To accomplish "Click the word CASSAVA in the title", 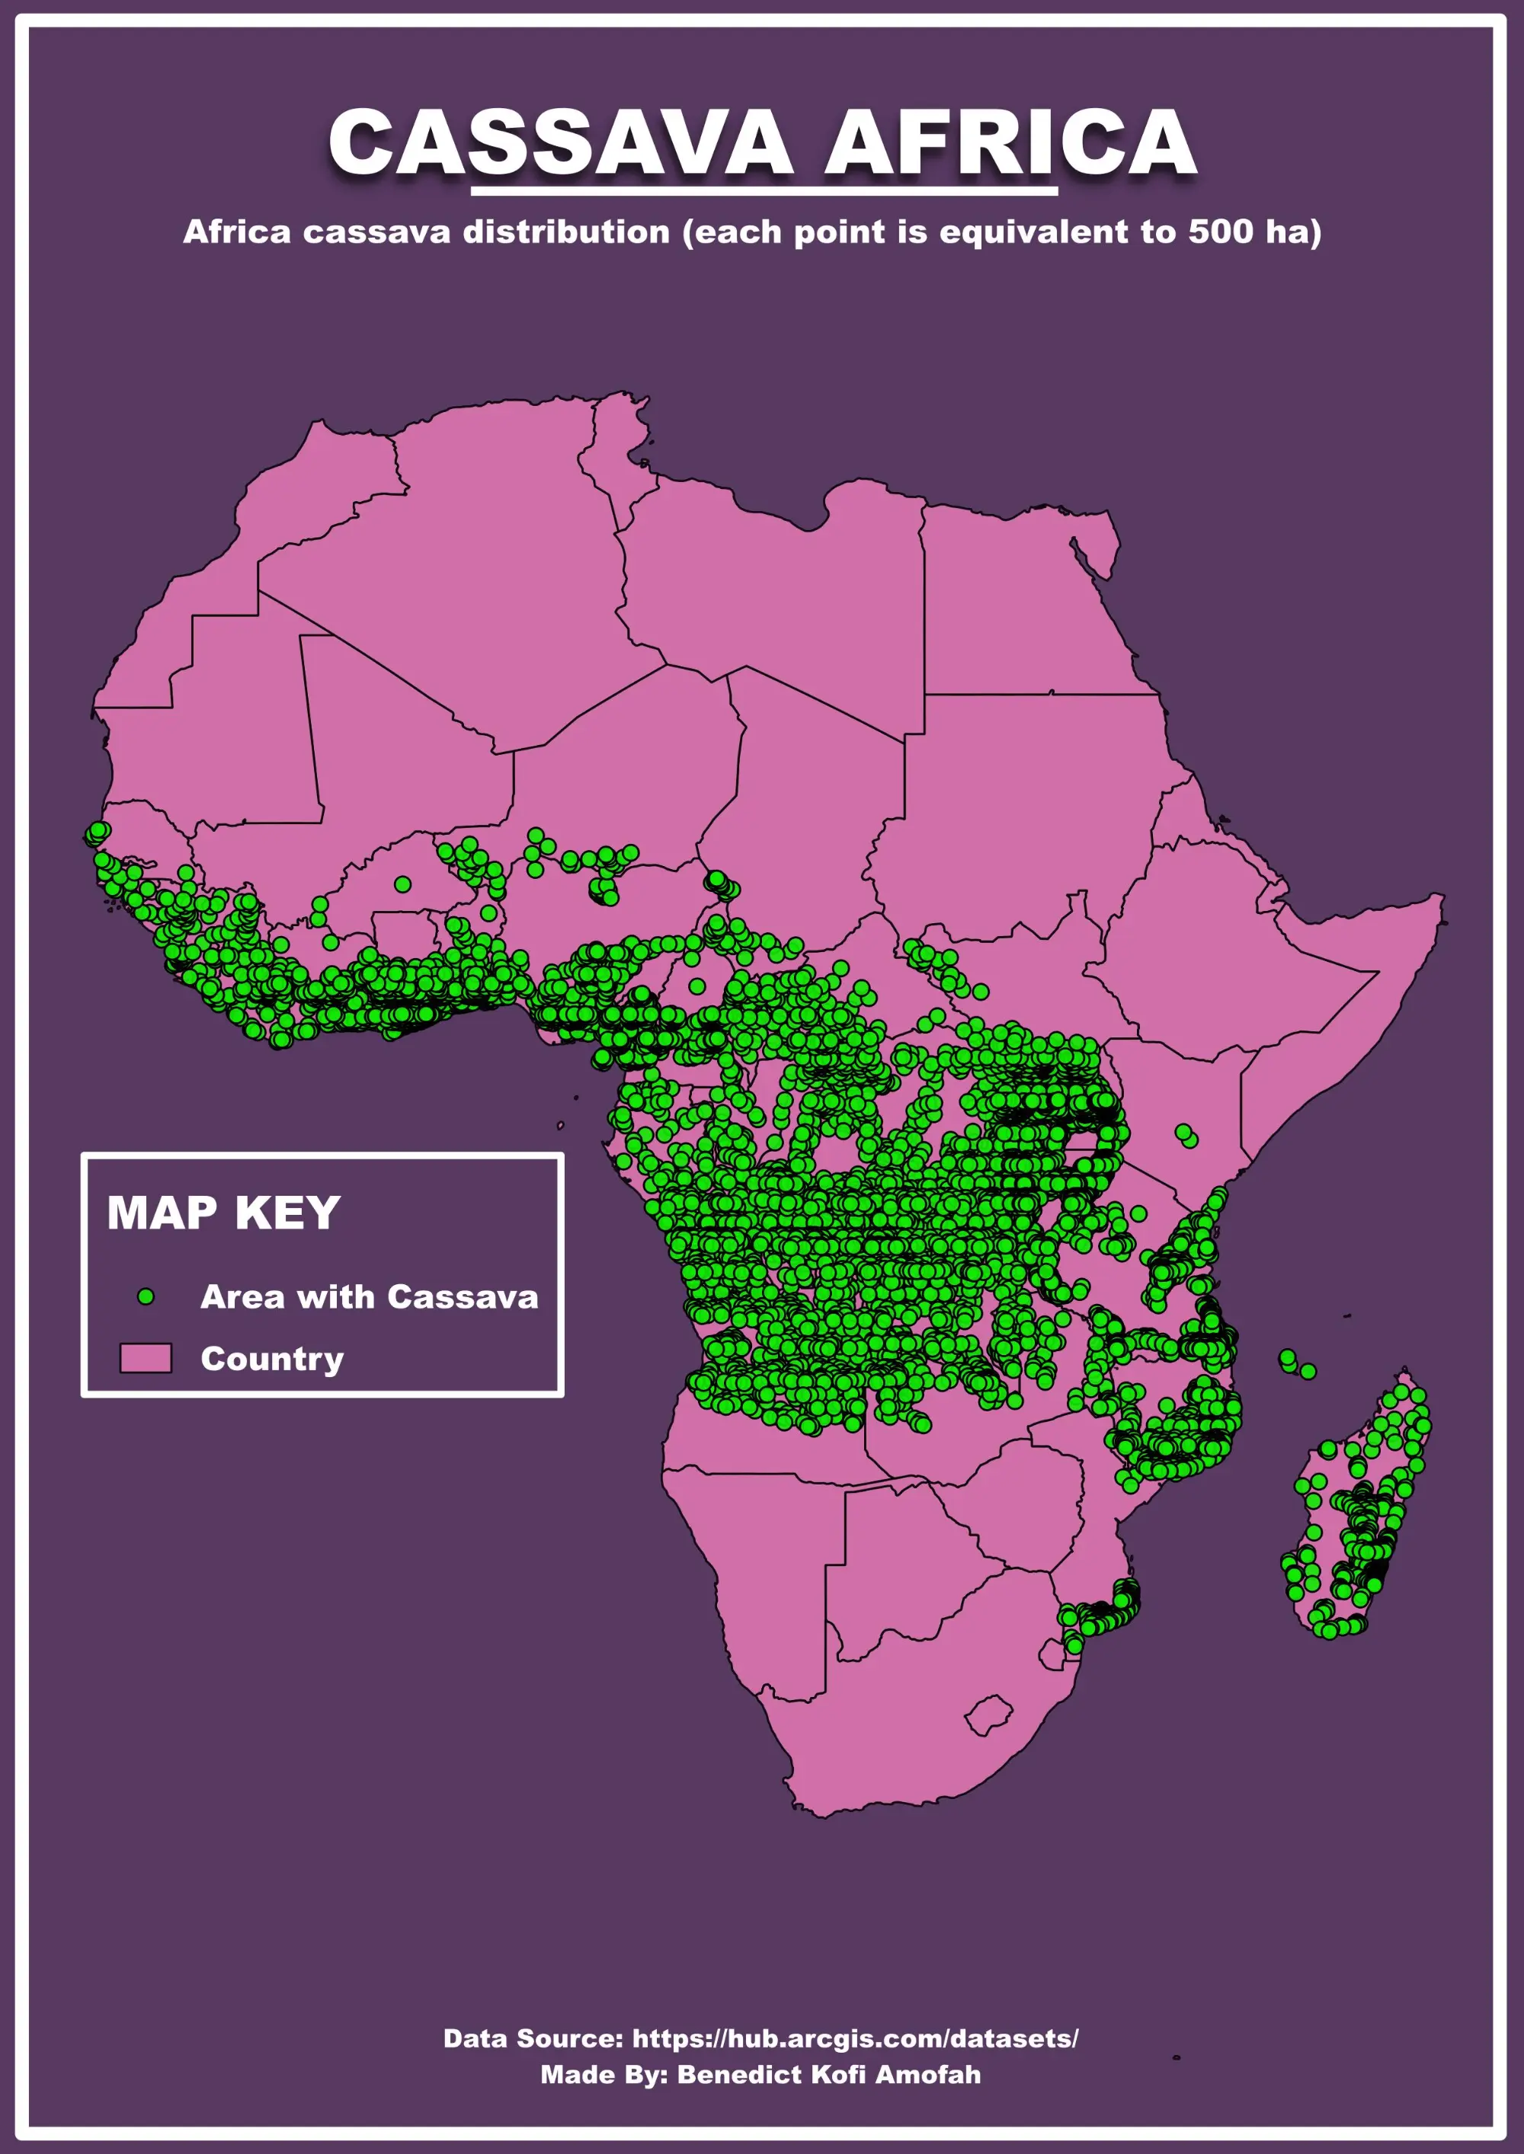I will (x=560, y=142).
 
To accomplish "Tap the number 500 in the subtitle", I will (x=1221, y=232).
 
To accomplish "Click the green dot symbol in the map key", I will (x=146, y=1296).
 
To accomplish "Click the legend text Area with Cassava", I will (x=369, y=1296).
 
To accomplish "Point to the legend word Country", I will (x=272, y=1359).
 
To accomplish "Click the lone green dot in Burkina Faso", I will (x=402, y=884).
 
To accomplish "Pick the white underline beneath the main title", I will (x=763, y=191).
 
